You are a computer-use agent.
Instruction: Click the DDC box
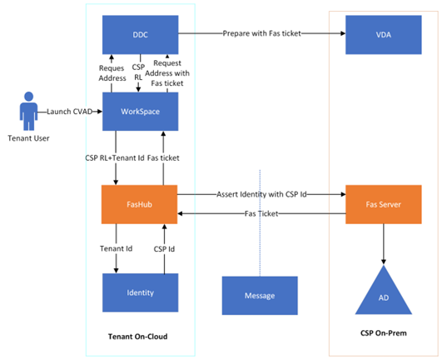click(x=140, y=35)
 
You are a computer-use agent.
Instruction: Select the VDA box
click(x=384, y=35)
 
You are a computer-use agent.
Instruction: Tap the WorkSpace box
click(x=140, y=112)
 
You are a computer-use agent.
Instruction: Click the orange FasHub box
click(x=139, y=204)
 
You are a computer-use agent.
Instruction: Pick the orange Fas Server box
click(x=384, y=204)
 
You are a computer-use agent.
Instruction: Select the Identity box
click(x=140, y=292)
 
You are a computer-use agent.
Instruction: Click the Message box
click(x=260, y=295)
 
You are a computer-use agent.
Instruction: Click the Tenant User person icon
click(x=28, y=111)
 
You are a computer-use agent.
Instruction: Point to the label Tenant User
click(x=28, y=138)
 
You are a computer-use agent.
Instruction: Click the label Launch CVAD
click(x=70, y=112)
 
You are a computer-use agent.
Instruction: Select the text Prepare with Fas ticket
click(x=262, y=33)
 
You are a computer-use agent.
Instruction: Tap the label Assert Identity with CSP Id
click(x=261, y=194)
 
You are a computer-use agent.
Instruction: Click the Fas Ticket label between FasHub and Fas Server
click(x=261, y=213)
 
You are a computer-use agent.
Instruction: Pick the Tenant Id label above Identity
click(x=116, y=248)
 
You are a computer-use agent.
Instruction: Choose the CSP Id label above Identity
click(x=164, y=249)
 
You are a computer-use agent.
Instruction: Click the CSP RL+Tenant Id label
click(x=115, y=158)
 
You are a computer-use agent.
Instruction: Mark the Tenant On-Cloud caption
click(x=138, y=337)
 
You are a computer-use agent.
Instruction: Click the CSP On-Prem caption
click(x=384, y=333)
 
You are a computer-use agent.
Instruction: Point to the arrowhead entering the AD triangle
click(x=384, y=262)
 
